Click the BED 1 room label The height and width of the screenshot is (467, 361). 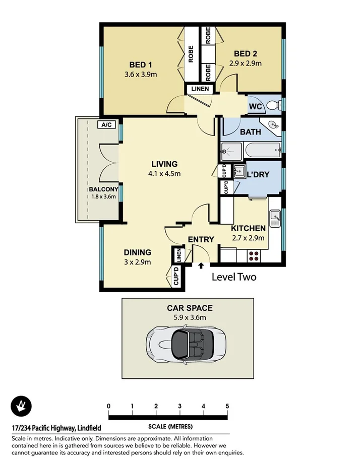(x=141, y=64)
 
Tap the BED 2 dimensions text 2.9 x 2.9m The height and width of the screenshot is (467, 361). (x=245, y=63)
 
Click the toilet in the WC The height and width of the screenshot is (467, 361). (x=273, y=105)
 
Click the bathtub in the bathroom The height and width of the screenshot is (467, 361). (x=262, y=149)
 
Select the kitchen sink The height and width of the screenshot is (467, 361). (x=274, y=217)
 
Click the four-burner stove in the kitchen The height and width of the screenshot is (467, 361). (x=254, y=255)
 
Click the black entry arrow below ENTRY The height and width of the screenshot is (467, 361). (x=201, y=265)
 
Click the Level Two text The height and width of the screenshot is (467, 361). (x=234, y=277)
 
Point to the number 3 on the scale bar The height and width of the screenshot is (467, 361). (x=179, y=407)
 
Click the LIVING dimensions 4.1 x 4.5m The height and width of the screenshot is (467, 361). (x=164, y=174)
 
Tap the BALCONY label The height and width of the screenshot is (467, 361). (x=103, y=189)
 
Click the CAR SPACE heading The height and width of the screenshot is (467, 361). (x=190, y=308)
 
